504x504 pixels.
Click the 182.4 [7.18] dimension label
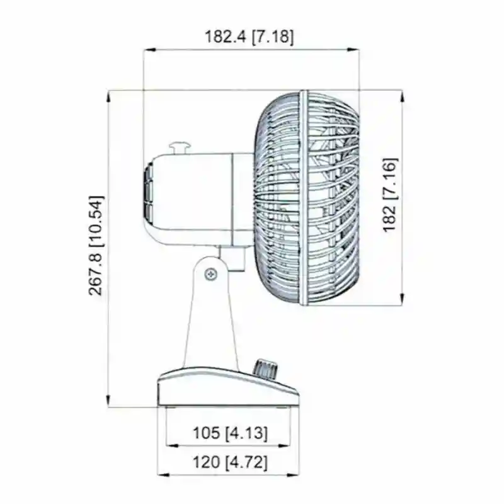[249, 37]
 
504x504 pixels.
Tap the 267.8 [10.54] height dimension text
[96, 245]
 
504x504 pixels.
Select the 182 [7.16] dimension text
[390, 195]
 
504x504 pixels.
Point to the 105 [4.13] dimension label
[230, 433]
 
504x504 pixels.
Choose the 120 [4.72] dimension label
[230, 462]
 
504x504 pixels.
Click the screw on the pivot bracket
[211, 274]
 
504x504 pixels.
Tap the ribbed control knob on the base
[265, 369]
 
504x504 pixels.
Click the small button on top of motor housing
[180, 148]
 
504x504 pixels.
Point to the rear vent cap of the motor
[148, 193]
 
